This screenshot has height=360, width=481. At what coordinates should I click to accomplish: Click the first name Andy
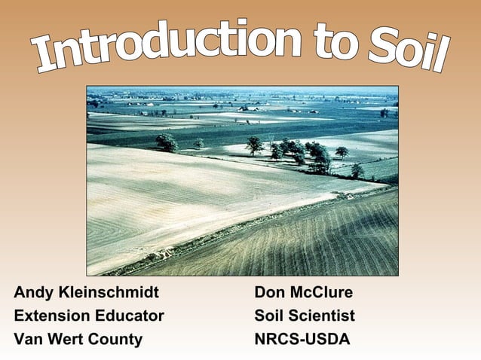32,293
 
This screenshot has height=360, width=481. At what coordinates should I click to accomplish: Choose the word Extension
49,316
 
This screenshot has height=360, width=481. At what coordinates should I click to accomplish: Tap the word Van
28,339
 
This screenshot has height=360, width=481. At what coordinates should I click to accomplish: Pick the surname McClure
322,292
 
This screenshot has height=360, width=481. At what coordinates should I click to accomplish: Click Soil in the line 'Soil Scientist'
270,316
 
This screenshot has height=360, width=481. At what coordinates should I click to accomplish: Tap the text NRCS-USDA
302,339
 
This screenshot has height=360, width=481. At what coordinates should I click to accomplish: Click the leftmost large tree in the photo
166,142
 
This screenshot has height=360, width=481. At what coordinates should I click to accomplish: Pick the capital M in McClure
299,292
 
